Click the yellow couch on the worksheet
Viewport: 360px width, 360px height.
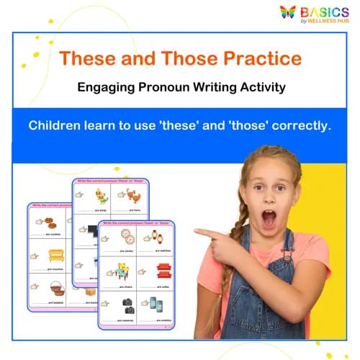(x=57, y=255)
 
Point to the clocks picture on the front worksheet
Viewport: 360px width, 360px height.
(x=127, y=237)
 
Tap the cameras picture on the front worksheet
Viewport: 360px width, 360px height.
(x=128, y=304)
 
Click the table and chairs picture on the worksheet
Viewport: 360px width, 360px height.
(x=127, y=271)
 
